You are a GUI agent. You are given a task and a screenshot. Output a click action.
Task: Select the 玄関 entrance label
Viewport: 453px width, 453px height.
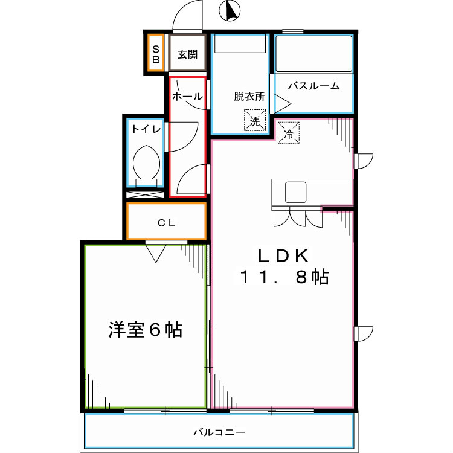click(187, 54)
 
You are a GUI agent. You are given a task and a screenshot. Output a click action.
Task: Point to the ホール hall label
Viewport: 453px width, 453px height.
click(187, 97)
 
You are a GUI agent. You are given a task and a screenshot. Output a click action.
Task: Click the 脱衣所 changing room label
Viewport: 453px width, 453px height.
click(249, 95)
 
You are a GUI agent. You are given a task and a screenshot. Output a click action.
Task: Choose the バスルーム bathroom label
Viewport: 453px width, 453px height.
click(313, 86)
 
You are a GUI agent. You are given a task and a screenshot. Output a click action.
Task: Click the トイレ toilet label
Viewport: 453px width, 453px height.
click(146, 129)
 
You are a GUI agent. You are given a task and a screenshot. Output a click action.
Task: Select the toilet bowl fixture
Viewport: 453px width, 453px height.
click(147, 164)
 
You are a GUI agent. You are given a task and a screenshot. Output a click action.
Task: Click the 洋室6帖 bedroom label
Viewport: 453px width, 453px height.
click(146, 330)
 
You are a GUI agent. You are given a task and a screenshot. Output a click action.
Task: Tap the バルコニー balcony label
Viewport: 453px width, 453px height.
click(219, 432)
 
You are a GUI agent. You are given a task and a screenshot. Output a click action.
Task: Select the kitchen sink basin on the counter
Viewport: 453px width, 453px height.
click(297, 192)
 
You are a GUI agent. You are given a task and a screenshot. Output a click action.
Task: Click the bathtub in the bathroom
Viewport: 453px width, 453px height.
click(313, 54)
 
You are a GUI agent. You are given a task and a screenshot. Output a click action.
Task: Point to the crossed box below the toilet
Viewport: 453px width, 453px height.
click(145, 196)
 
